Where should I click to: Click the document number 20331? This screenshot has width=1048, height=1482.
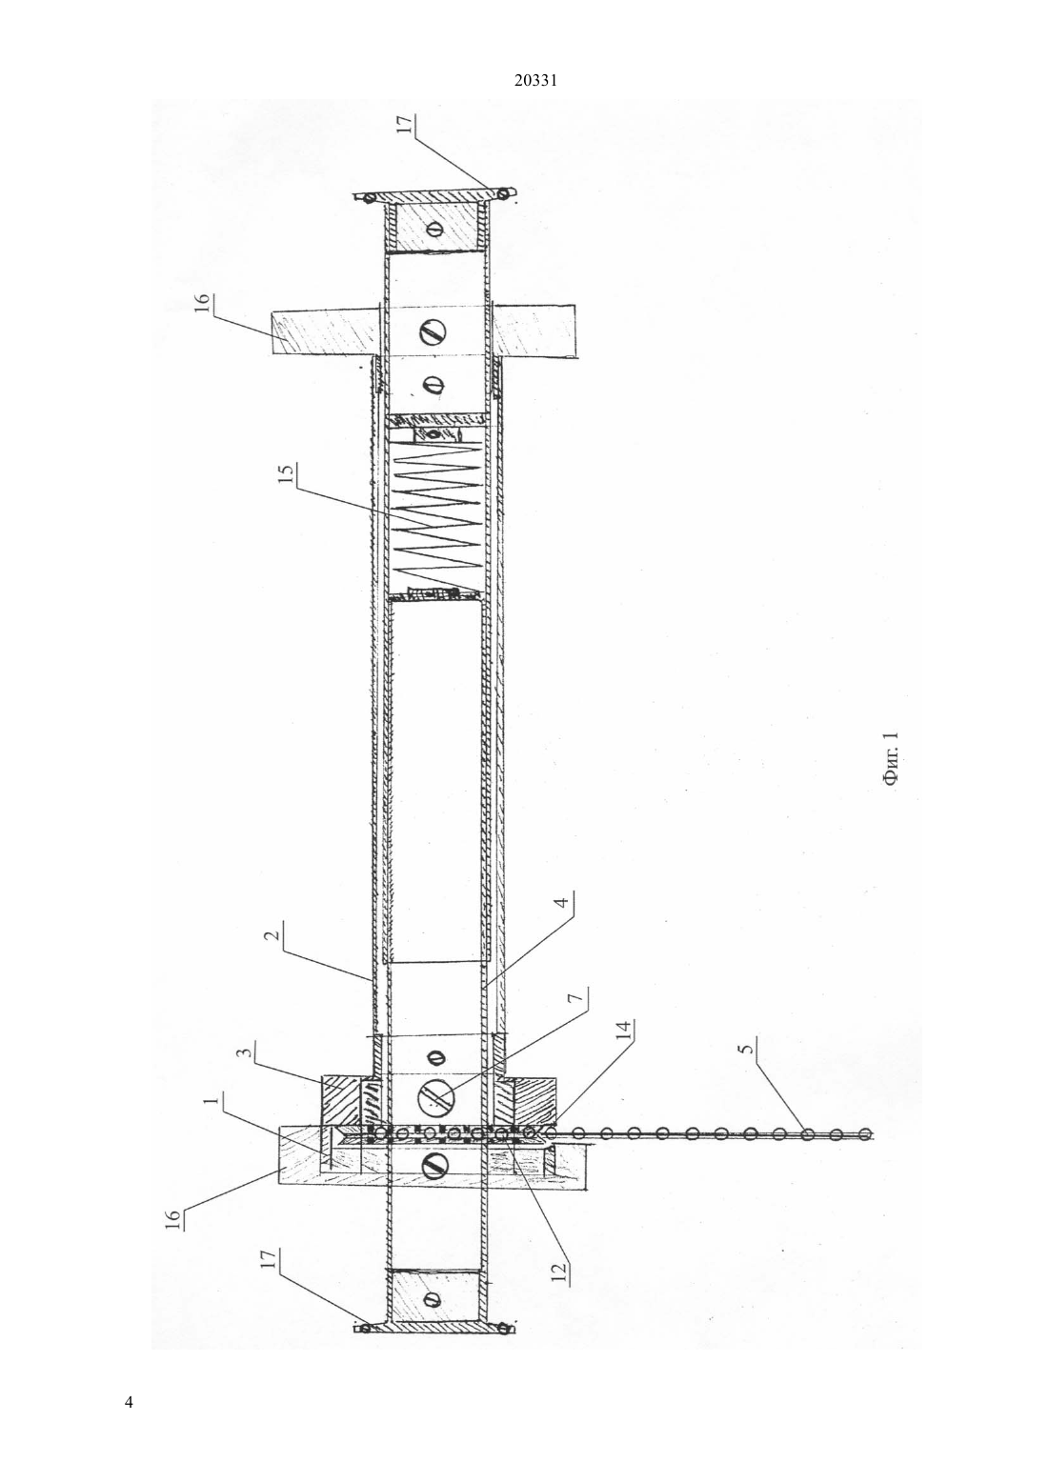(535, 81)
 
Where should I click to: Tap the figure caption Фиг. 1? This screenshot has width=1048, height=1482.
(891, 759)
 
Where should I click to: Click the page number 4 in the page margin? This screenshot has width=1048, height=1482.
(129, 1401)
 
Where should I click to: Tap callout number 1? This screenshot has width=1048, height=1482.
(212, 1101)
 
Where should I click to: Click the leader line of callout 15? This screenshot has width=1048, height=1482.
(380, 536)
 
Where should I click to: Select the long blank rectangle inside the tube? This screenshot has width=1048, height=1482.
(433, 782)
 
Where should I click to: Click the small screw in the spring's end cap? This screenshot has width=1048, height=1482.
(433, 434)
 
